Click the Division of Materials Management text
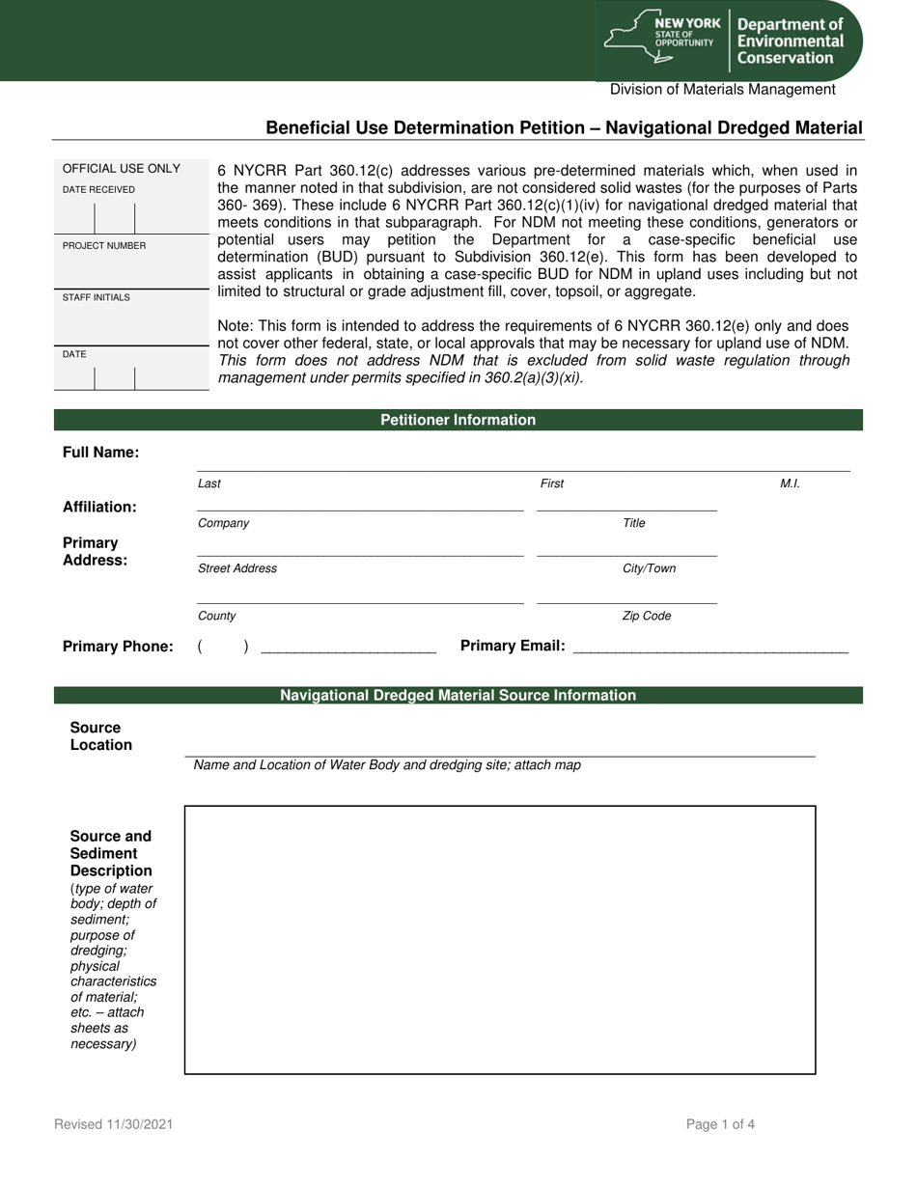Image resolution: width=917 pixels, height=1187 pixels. [x=722, y=90]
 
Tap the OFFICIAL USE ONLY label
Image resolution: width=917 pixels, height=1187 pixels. [x=122, y=169]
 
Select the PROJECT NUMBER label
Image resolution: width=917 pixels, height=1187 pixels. [x=104, y=246]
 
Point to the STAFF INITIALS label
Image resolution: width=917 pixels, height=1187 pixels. [x=97, y=297]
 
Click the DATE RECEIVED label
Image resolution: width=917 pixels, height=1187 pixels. [x=98, y=190]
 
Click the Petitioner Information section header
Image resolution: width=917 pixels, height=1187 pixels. [x=458, y=420]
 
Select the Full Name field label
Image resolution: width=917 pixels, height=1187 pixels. [x=100, y=453]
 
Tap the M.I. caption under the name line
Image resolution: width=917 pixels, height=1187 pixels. [x=790, y=483]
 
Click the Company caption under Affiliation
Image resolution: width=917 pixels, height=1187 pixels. [x=223, y=523]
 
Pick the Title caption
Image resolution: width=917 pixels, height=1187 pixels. [x=634, y=523]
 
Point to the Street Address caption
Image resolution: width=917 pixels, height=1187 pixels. [x=237, y=568]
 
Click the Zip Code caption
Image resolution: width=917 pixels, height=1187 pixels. [x=647, y=616]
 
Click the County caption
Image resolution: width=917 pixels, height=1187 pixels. [x=216, y=616]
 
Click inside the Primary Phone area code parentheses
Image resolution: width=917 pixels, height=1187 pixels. [x=223, y=647]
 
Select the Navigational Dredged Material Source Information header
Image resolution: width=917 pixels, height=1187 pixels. [x=458, y=695]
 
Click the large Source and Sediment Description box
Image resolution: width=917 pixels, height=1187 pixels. [x=500, y=939]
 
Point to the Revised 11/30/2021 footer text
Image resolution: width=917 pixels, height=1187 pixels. [x=114, y=1124]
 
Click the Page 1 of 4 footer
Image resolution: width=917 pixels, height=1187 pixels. [x=720, y=1124]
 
